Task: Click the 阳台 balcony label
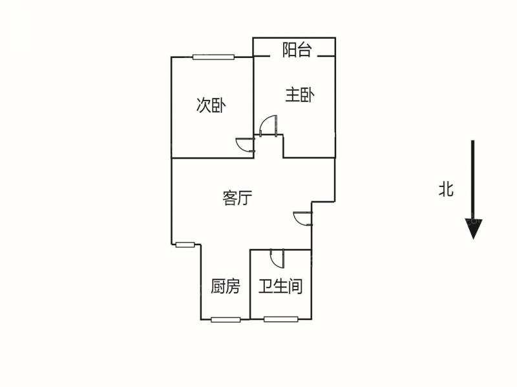tap(297, 50)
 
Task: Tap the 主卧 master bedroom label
tap(300, 95)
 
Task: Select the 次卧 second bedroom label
tap(211, 105)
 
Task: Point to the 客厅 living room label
tap(237, 198)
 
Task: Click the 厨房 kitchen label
tap(226, 286)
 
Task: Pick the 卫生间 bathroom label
tap(280, 286)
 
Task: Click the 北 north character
tap(446, 189)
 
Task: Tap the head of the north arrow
tap(474, 229)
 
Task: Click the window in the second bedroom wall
tap(214, 57)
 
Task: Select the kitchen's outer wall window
tap(226, 319)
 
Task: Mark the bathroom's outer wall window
tap(281, 319)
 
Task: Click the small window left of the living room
tap(185, 244)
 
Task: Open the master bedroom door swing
tap(268, 125)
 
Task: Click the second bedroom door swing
tap(246, 144)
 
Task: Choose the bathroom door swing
tap(277, 258)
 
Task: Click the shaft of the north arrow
tap(473, 180)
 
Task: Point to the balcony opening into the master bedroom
tap(294, 57)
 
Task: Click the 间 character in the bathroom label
tap(295, 286)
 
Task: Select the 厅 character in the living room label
tap(245, 198)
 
